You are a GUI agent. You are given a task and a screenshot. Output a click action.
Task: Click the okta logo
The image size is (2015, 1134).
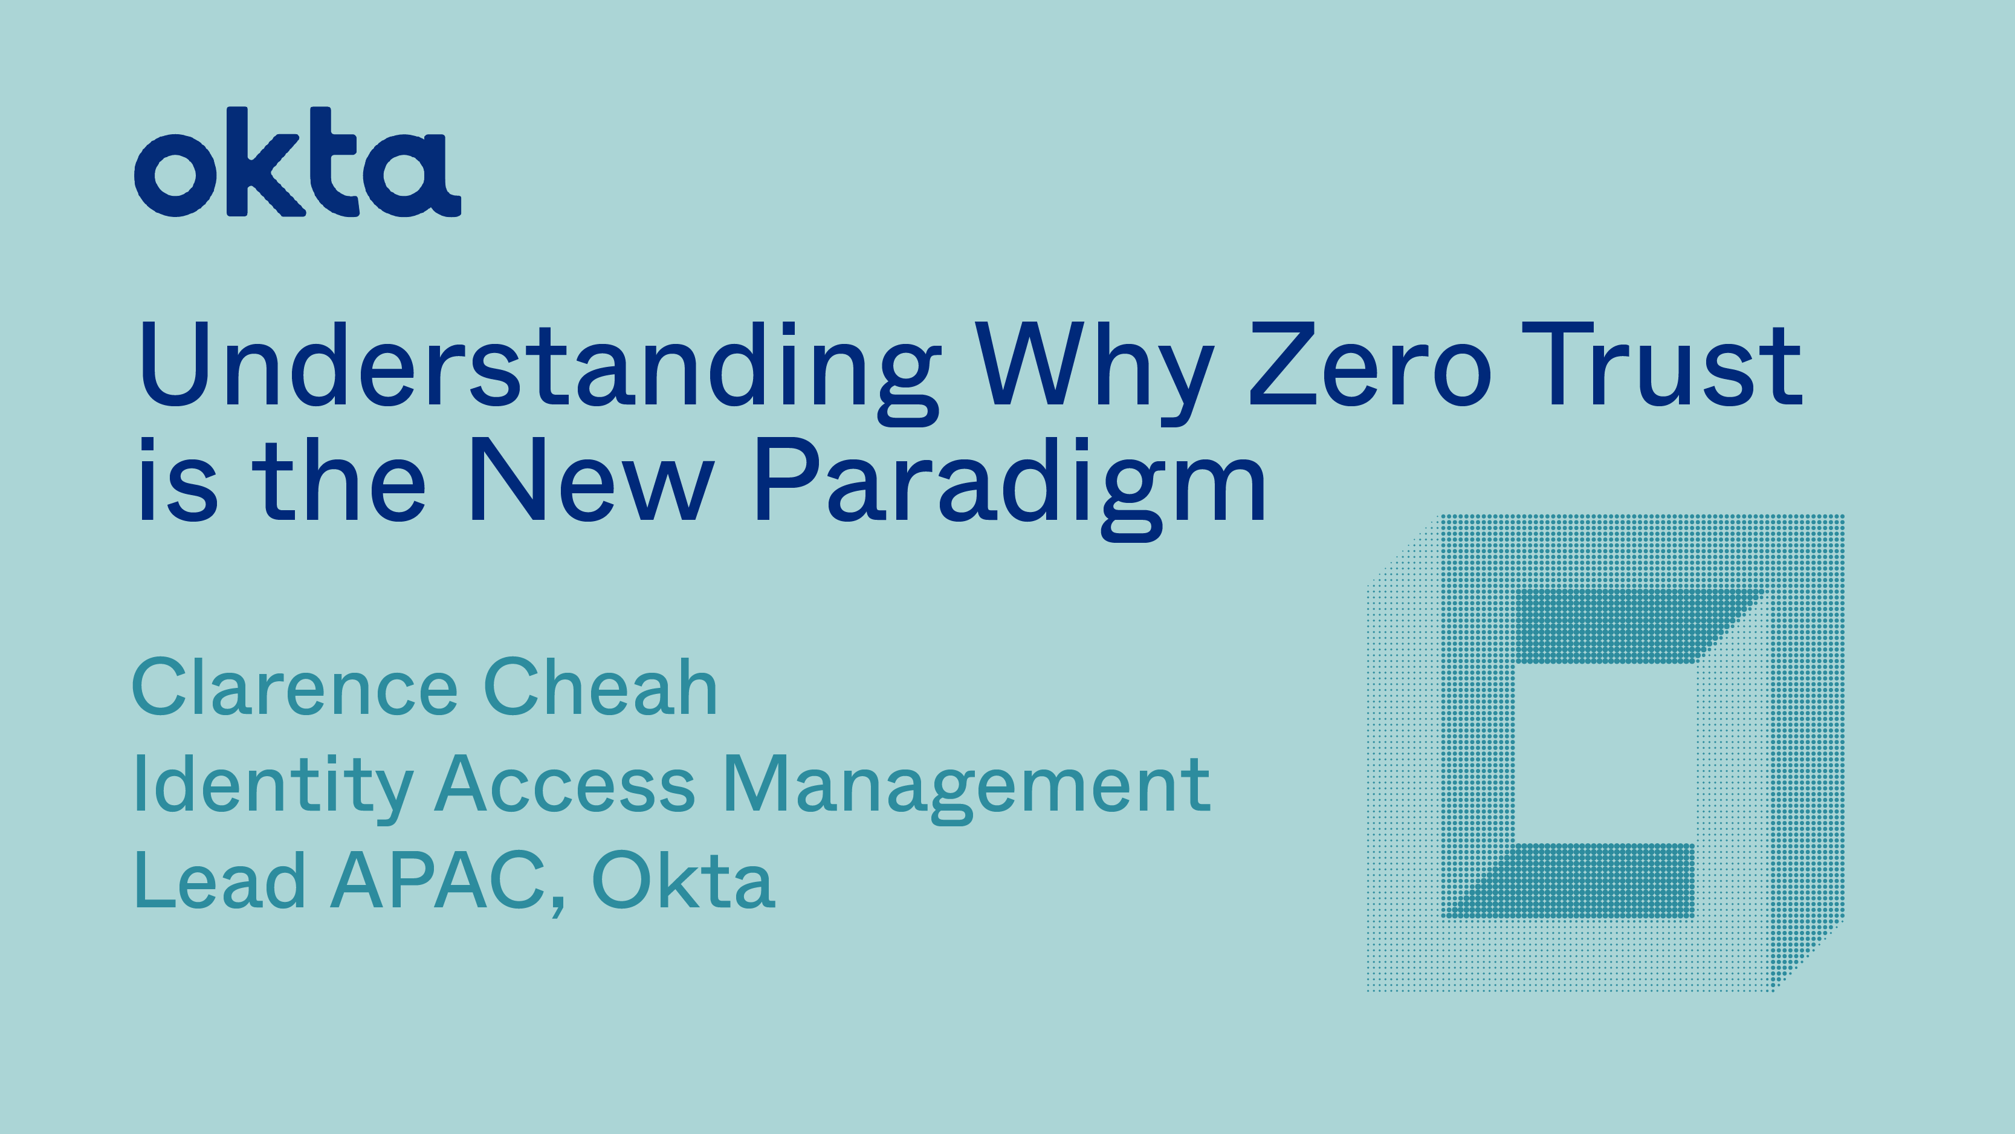[297, 162]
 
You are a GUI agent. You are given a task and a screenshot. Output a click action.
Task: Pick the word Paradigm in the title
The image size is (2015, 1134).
[1010, 488]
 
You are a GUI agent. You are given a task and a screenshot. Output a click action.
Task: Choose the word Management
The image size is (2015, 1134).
[967, 789]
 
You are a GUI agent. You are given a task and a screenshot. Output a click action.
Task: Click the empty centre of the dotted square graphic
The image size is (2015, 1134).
[1605, 753]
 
